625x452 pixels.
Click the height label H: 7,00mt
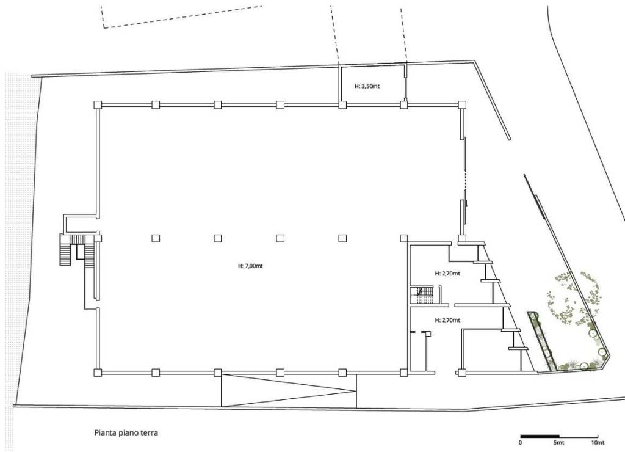(x=250, y=266)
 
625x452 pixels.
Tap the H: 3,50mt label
(x=367, y=86)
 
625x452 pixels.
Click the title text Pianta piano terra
(x=126, y=432)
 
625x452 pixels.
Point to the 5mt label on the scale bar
(x=559, y=442)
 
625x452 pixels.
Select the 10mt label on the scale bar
(x=598, y=442)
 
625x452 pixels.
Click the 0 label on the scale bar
(x=521, y=442)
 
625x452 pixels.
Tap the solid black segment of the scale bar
(x=540, y=436)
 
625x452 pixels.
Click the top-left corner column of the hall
(x=98, y=104)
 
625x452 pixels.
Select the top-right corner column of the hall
(x=462, y=104)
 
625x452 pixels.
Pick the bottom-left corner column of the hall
(x=98, y=373)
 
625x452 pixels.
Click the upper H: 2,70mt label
(x=447, y=274)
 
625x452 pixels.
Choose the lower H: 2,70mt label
(x=447, y=320)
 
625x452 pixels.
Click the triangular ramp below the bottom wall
(x=289, y=391)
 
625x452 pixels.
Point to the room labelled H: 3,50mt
(x=372, y=84)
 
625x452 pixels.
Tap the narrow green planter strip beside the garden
(x=542, y=341)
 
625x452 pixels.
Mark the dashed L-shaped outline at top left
(x=181, y=17)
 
